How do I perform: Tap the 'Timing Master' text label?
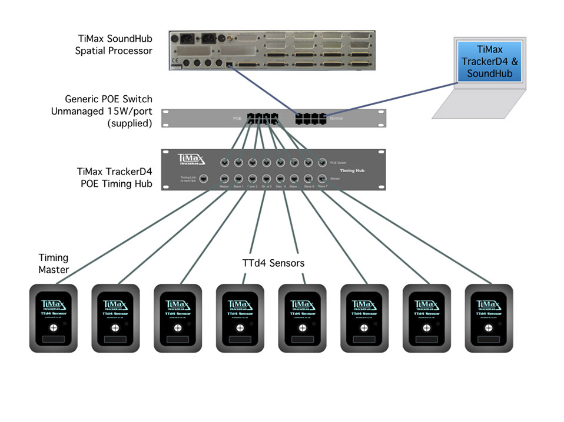54,263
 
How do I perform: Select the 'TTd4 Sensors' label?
273,263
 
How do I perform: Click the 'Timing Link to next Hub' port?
203,179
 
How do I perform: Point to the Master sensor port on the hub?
224,178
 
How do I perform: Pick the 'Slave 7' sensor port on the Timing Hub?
322,178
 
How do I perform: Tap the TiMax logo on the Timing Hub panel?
192,160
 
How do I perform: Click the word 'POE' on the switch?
237,119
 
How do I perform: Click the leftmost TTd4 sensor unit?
54,318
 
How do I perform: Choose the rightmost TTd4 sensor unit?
489,318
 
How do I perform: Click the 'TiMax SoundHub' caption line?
115,39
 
